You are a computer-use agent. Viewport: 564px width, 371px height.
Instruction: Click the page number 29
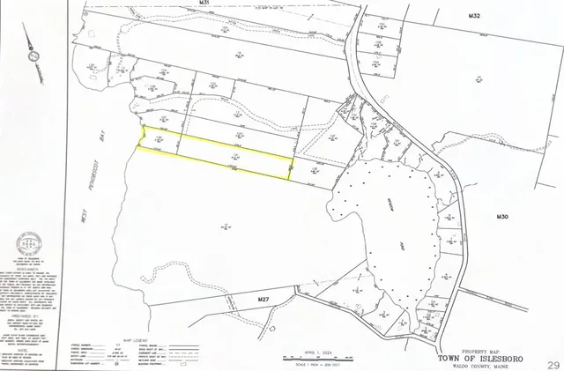tap(553, 364)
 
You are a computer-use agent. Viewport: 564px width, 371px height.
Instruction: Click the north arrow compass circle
tap(34, 57)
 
